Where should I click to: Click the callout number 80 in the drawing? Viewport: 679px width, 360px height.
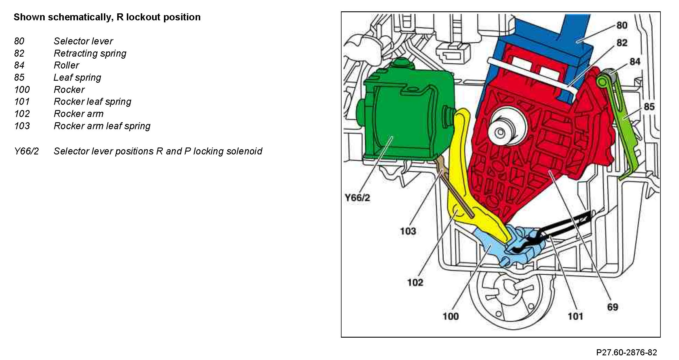coord(622,25)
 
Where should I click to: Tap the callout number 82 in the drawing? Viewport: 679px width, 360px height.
coord(622,43)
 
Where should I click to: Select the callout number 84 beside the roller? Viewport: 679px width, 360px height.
coord(635,62)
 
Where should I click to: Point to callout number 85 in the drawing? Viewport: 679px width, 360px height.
coord(649,107)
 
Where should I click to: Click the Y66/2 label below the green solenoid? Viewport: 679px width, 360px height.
coord(357,198)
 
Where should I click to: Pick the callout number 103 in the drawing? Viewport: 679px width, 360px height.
coord(408,231)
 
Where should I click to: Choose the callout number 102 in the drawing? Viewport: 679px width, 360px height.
coord(415,282)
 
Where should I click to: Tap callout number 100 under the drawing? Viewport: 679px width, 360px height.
coord(450,316)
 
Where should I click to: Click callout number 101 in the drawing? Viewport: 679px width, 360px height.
coord(575,316)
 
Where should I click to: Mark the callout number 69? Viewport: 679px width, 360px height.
coord(613,307)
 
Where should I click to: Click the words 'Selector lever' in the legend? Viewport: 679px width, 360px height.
coord(83,41)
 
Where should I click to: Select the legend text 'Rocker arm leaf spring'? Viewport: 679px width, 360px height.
coord(102,126)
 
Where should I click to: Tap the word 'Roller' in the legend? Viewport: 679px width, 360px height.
coord(66,65)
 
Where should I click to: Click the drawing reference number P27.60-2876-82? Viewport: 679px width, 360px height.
coord(626,352)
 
